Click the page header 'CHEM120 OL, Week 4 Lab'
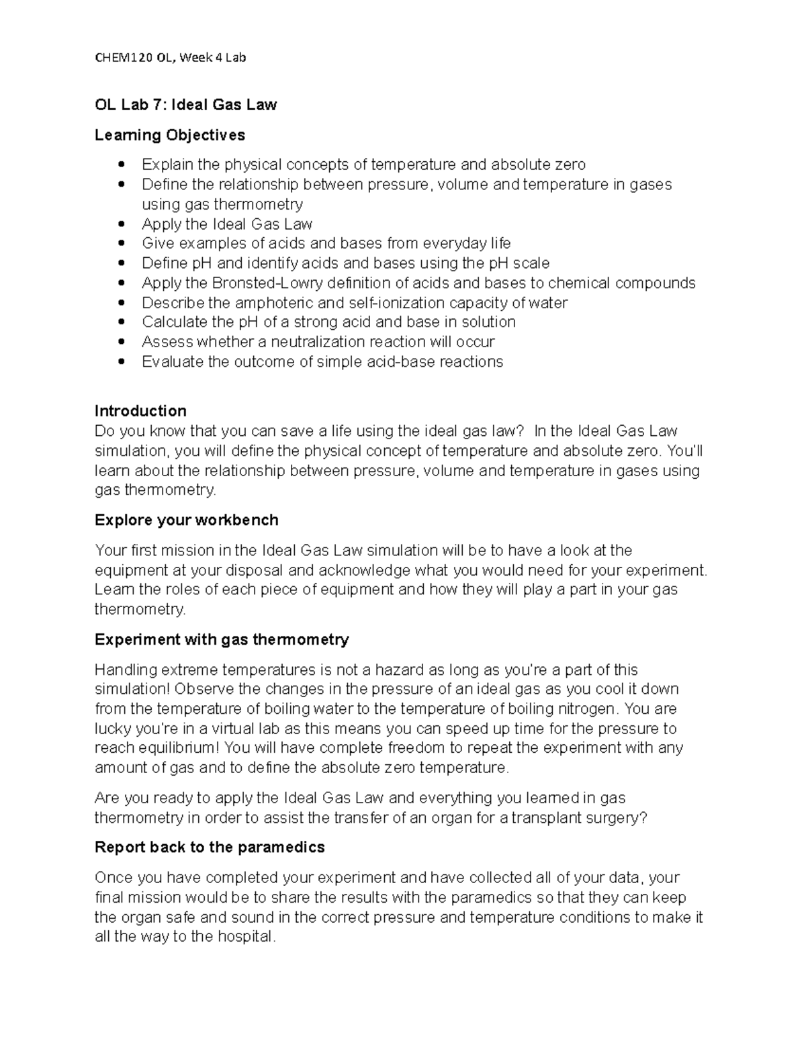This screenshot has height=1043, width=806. [170, 58]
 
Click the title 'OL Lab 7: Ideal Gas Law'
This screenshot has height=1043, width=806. [185, 105]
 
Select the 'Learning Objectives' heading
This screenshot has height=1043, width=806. [170, 135]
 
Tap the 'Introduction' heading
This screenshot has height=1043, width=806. [140, 411]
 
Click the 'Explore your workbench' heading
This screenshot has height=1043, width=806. [186, 520]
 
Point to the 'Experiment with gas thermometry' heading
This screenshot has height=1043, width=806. [222, 639]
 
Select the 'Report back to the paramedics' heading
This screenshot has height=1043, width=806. [210, 848]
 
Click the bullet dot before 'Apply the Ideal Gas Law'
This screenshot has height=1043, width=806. [122, 224]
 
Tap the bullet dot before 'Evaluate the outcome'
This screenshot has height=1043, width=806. [122, 362]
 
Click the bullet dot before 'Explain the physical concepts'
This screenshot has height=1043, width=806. [122, 165]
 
